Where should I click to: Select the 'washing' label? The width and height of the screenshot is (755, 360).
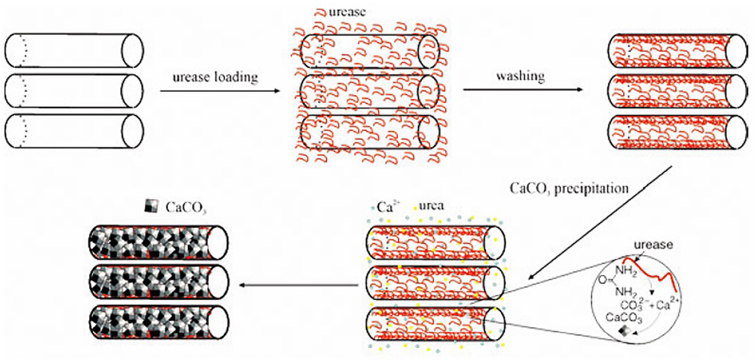tap(520, 76)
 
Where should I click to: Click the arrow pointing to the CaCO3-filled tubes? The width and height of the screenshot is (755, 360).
tap(297, 284)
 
